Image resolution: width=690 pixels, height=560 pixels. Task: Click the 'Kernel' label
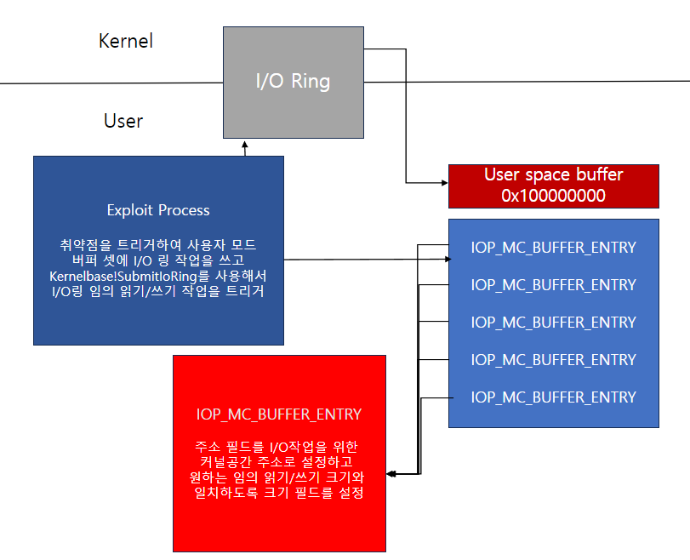click(126, 41)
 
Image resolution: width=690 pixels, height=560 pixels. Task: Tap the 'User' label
click(123, 121)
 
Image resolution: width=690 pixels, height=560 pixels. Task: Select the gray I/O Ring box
click(293, 82)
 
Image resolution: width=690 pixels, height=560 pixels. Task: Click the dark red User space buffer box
click(553, 186)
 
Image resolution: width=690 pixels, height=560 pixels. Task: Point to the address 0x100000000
click(553, 196)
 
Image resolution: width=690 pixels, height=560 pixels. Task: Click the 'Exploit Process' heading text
click(158, 210)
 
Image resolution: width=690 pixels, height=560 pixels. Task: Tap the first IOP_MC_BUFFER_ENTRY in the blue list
click(553, 248)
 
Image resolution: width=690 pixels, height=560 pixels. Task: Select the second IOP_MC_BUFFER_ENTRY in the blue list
click(553, 285)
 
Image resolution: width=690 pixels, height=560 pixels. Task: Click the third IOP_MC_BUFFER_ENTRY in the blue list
click(553, 323)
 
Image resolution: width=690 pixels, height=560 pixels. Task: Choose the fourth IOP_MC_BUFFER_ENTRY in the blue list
click(553, 360)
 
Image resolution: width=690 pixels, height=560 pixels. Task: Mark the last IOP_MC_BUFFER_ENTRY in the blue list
click(553, 397)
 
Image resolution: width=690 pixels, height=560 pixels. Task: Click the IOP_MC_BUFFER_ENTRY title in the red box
click(279, 414)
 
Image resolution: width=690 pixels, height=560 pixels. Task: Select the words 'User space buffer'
click(553, 175)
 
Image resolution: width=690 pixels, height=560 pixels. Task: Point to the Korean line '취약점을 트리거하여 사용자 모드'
click(158, 245)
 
